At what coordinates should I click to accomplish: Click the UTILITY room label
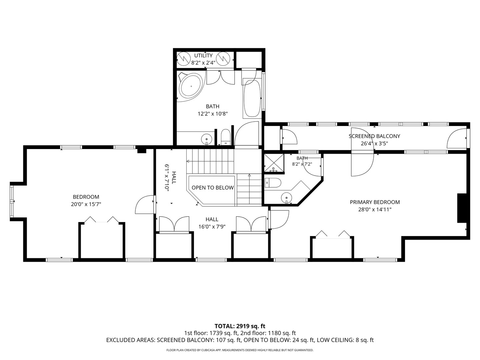coord(203,56)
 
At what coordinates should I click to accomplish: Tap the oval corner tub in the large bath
coord(191,87)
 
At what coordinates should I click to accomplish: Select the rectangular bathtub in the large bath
coord(252,99)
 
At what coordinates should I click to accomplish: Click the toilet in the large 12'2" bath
coord(225,137)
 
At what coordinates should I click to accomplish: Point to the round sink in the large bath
coord(207,139)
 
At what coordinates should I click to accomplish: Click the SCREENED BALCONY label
coord(374,136)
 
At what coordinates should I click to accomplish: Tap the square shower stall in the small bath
coord(273,163)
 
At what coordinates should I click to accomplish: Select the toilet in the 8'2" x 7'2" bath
coord(273,183)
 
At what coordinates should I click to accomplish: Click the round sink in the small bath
coord(286,198)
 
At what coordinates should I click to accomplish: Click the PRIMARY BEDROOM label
coord(375,202)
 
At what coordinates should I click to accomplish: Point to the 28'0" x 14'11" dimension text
coord(375,210)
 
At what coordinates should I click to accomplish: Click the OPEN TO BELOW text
coord(213,188)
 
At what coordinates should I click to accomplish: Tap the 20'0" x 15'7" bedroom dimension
coord(86,204)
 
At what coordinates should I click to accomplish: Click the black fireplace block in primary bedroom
coord(462,208)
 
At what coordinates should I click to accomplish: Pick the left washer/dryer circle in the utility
coord(183,59)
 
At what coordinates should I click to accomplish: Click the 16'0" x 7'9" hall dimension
coord(212,227)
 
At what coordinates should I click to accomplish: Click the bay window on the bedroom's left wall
coord(12,201)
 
